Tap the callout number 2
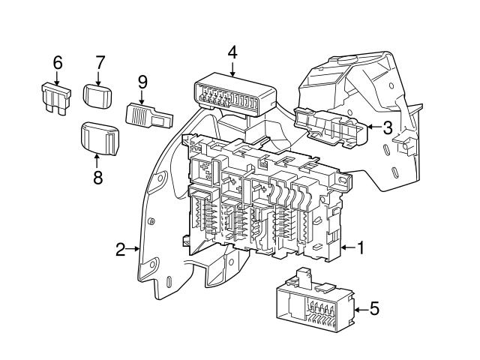(121, 250)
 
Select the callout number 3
(387, 127)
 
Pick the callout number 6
(57, 63)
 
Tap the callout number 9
(142, 81)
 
